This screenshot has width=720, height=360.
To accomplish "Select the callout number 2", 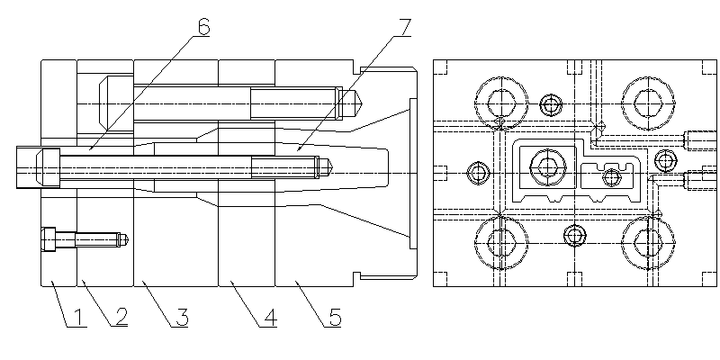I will click(x=119, y=318).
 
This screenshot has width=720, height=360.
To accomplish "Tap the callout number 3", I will click(x=181, y=318).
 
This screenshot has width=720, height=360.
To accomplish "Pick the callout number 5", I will click(x=334, y=318).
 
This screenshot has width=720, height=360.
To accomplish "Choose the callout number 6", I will click(x=203, y=27).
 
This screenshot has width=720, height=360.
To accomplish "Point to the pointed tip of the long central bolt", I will click(x=332, y=165).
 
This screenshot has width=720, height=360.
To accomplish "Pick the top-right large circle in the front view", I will click(x=647, y=99).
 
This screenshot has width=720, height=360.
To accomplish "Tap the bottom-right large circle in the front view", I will click(x=647, y=239).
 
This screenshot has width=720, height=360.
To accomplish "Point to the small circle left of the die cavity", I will click(x=477, y=170).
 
